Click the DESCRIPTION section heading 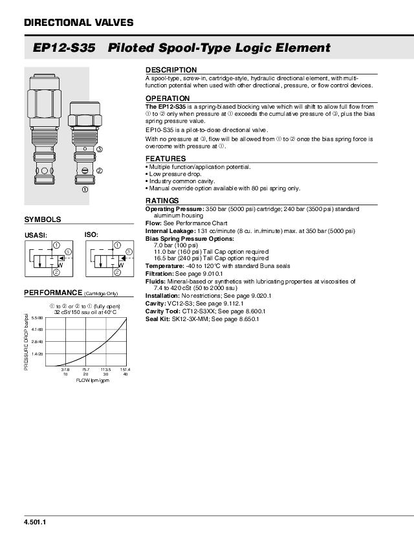point(171,70)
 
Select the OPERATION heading point(168,98)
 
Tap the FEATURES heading point(166,159)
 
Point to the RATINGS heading point(162,201)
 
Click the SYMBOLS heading point(43,219)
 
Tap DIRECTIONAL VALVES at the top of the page point(78,23)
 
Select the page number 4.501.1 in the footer point(35,522)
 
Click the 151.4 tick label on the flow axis point(125,370)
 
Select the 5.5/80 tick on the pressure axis point(37,318)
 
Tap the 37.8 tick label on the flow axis point(65,370)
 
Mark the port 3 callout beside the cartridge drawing point(99,150)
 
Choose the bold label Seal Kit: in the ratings point(157,319)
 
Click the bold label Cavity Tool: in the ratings point(162,311)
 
